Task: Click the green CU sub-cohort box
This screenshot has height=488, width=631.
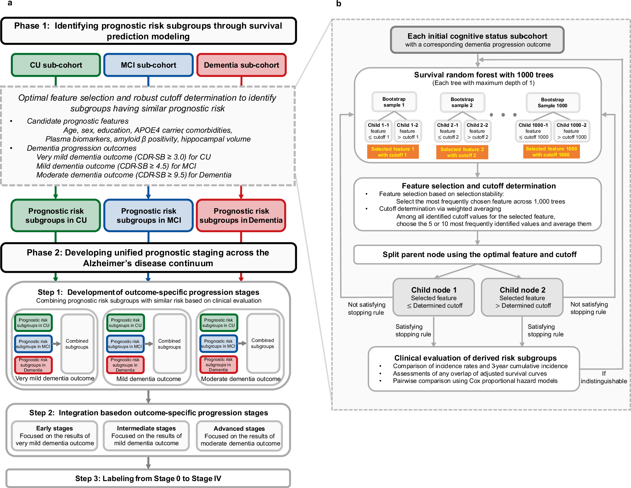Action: [56, 65]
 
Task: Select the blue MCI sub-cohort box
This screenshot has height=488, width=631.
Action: [148, 65]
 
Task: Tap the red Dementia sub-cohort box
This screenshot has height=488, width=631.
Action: [241, 65]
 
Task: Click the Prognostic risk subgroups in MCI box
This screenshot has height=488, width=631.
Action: [148, 216]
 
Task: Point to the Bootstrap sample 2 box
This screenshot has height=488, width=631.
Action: [462, 102]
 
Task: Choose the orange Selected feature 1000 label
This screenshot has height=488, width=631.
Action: [551, 152]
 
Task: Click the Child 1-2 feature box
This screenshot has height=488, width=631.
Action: [407, 131]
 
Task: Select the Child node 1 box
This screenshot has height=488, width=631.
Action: [433, 297]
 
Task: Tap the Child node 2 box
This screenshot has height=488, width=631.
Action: [522, 297]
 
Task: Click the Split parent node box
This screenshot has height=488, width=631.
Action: [477, 254]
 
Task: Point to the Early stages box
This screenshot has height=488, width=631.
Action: [54, 436]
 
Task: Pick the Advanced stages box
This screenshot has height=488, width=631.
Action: [239, 436]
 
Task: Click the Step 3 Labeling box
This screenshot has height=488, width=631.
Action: [148, 478]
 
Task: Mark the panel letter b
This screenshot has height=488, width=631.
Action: [339, 4]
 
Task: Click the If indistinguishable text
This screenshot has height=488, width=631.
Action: [604, 377]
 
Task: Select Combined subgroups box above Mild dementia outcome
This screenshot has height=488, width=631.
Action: [169, 344]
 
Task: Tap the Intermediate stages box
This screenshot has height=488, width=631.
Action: [146, 436]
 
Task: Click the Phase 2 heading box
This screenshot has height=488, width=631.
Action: [148, 258]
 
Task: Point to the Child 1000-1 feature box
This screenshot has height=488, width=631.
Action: [533, 131]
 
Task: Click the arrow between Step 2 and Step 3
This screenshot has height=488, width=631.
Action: [148, 463]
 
